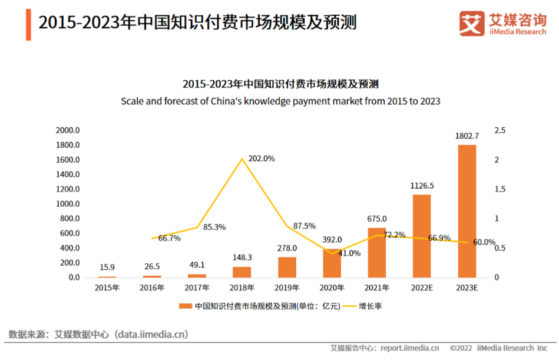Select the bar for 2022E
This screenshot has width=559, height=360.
tap(422, 236)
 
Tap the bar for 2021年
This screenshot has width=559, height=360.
tap(377, 252)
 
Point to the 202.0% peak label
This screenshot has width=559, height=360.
tap(262, 158)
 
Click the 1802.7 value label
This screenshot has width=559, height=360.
tap(467, 136)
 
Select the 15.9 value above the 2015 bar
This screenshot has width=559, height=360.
tap(107, 267)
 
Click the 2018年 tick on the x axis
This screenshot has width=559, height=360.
tap(242, 288)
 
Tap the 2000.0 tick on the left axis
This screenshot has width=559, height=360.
tap(68, 130)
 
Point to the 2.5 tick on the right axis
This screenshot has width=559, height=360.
tap(500, 130)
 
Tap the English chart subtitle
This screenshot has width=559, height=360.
tap(280, 101)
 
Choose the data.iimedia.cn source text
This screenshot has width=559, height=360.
tap(152, 335)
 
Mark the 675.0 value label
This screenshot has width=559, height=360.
tap(377, 219)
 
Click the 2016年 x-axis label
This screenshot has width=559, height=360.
tap(152, 288)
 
